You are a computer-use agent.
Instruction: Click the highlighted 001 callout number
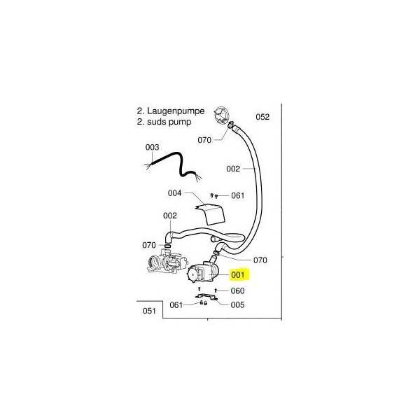(238, 275)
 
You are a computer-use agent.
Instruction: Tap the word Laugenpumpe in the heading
(176, 111)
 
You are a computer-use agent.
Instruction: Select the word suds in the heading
(156, 122)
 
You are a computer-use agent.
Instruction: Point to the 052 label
(262, 117)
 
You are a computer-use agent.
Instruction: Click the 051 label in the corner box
(149, 311)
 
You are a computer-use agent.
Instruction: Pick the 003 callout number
(152, 147)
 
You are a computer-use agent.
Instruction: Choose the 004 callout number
(174, 193)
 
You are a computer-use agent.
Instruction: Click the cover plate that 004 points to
(211, 214)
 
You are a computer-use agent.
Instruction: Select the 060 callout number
(237, 290)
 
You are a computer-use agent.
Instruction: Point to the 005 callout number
(237, 304)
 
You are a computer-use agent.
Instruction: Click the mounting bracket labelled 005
(206, 297)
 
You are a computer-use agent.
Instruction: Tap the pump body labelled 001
(204, 272)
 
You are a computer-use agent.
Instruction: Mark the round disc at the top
(222, 115)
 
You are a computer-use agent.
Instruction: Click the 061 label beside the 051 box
(176, 304)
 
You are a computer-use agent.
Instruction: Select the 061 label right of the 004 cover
(238, 195)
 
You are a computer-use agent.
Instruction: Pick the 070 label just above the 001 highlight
(260, 260)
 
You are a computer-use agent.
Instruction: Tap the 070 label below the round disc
(204, 140)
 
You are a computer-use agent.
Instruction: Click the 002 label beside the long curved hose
(233, 169)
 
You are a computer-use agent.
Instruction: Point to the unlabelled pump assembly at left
(167, 260)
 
